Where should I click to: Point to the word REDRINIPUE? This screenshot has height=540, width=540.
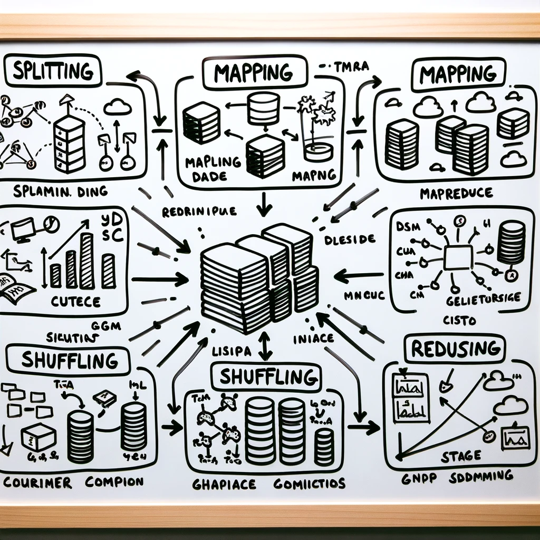point(199,212)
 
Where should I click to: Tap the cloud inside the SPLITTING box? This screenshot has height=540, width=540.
point(117,108)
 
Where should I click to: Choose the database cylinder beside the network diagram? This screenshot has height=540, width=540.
point(510,242)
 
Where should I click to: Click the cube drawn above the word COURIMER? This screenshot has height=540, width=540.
point(38,437)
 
